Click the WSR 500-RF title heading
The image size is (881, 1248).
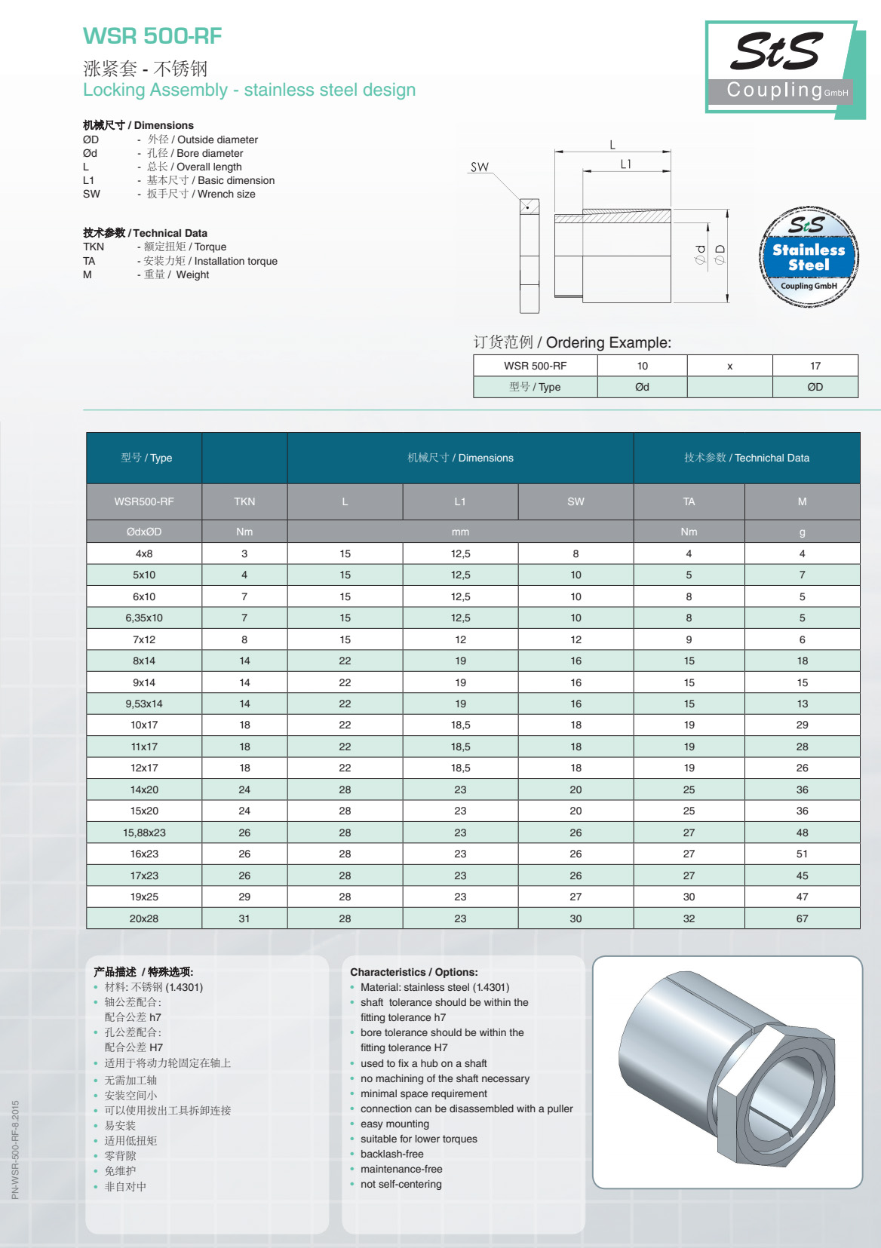click(x=152, y=35)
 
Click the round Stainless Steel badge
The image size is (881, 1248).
click(x=809, y=256)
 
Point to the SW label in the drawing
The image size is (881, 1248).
click(x=480, y=167)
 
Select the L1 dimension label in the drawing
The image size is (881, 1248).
click(x=625, y=164)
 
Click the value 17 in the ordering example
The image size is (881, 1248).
click(x=815, y=366)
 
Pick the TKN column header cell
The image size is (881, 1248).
click(x=244, y=501)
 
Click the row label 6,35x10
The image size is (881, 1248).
click(x=144, y=618)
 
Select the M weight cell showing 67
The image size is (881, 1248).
click(x=802, y=918)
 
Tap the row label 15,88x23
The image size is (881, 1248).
click(x=144, y=833)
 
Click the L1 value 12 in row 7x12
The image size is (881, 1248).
click(x=460, y=639)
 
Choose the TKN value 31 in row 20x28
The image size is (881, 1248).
click(x=244, y=918)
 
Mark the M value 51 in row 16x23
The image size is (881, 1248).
click(x=802, y=854)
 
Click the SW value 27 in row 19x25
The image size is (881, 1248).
click(x=576, y=897)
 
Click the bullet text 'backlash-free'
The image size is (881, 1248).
click(x=391, y=1154)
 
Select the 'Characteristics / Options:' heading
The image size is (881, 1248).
click(x=413, y=972)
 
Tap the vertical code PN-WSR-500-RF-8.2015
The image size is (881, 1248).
click(x=15, y=1149)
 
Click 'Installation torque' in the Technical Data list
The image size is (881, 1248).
click(x=235, y=261)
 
